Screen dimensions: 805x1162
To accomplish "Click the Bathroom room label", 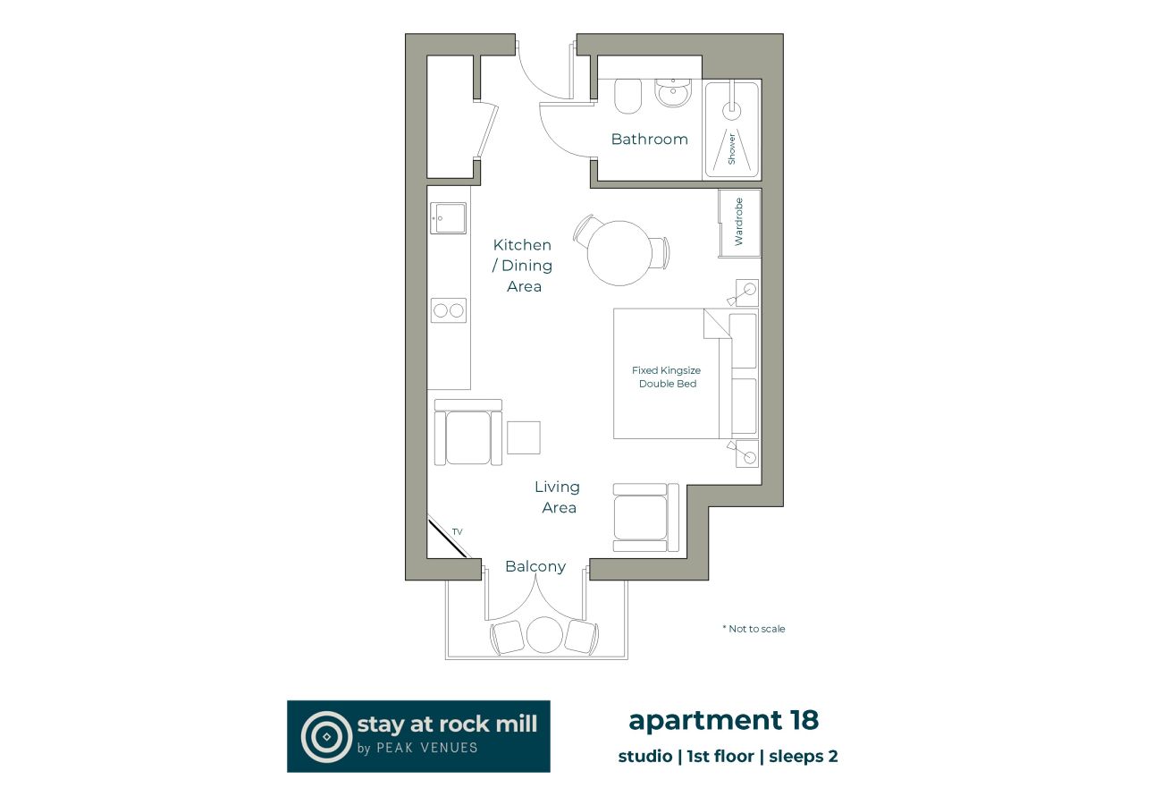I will coord(649,140).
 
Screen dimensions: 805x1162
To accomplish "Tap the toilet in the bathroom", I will coord(628,96).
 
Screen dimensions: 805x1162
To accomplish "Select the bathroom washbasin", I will coord(672,91).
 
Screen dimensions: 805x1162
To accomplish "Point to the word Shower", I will coord(731,148).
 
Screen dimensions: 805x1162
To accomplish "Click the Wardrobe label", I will coord(738,222).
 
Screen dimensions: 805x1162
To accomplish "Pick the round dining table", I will coord(617,253).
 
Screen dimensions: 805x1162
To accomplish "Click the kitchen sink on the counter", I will coord(449,217).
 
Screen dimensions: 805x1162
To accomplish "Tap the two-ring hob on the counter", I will coord(449,310).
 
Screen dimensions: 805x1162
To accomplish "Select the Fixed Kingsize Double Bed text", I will coord(667,377).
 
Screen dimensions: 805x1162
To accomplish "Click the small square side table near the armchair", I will coord(524,437).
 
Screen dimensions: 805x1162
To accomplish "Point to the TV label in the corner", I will coord(457,532).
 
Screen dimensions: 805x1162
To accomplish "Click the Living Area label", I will coord(558,497).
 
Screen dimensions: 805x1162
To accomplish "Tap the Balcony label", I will coord(535,566).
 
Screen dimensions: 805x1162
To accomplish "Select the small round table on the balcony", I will coord(543,635).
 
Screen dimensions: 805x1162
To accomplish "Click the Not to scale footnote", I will coord(754,629).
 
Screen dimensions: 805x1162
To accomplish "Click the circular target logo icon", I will coord(326,736).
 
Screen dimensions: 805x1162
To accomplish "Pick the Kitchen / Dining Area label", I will coord(524,266).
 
